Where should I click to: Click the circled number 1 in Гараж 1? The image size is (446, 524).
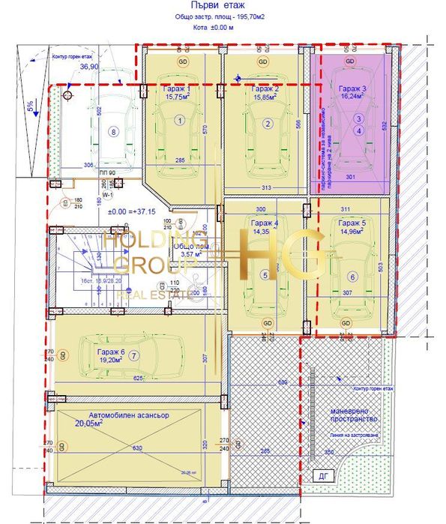point(180,120)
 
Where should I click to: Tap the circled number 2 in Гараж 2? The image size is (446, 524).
point(267,124)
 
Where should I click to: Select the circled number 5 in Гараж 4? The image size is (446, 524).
point(264,275)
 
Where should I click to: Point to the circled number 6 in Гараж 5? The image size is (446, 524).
point(353,276)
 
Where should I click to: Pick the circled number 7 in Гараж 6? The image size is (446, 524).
point(134,355)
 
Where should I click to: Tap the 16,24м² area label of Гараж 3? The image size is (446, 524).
point(353,96)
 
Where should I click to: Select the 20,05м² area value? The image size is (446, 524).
point(88,424)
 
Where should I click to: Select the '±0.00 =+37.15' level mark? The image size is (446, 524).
point(132,211)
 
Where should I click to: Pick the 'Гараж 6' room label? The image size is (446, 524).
point(111,351)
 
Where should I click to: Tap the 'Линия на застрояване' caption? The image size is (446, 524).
point(363,437)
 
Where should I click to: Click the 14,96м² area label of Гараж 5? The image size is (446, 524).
point(352,231)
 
